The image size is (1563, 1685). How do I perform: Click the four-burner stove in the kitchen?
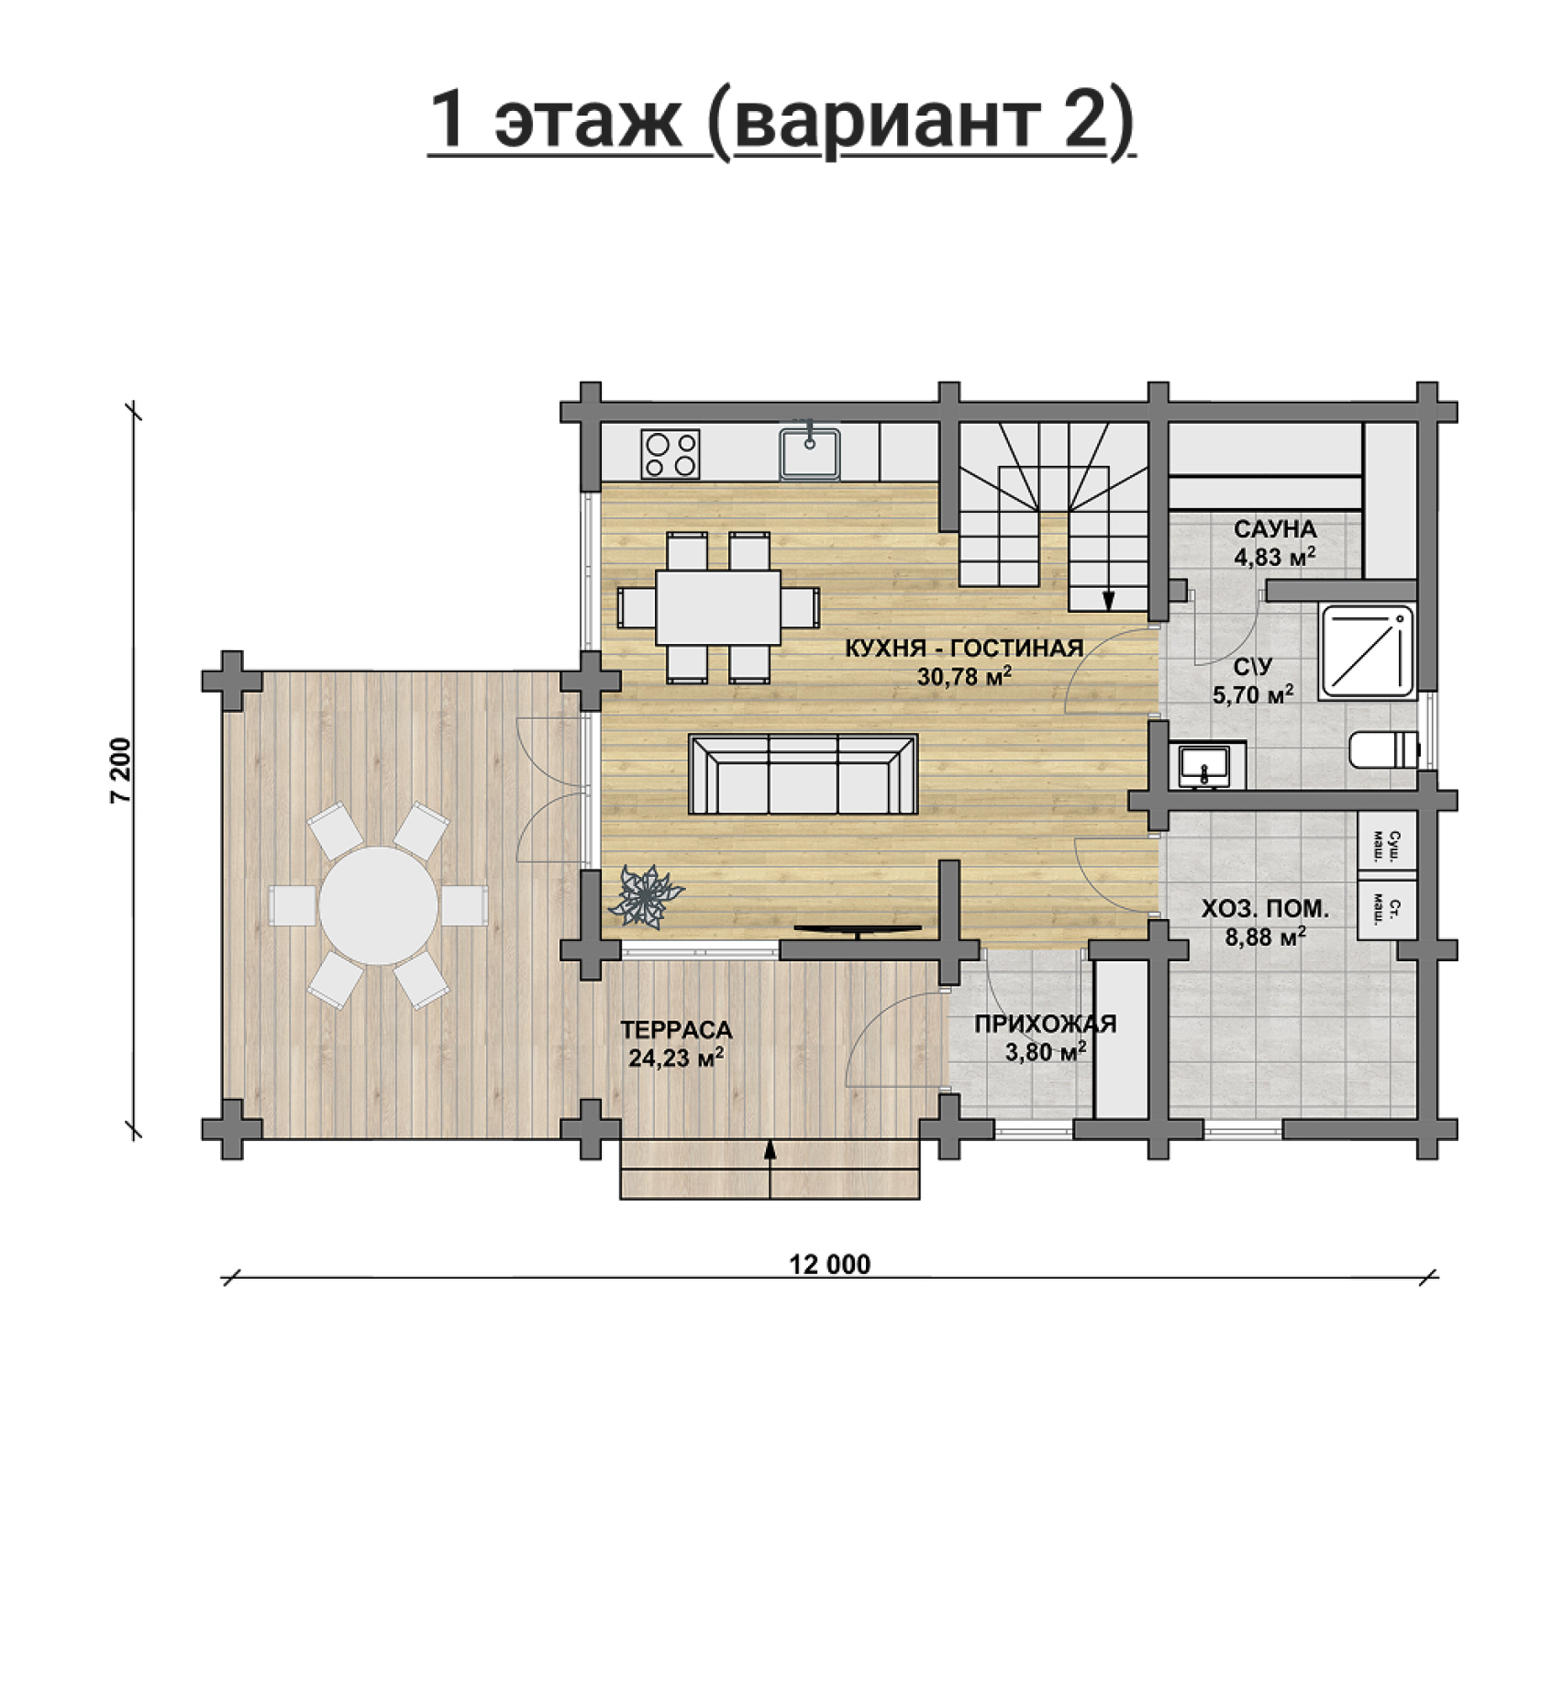(671, 454)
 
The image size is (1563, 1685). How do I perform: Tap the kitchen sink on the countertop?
(810, 453)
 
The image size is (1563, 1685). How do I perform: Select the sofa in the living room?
(803, 774)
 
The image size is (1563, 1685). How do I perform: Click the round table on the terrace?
(378, 905)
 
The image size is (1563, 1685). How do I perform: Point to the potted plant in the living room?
(647, 893)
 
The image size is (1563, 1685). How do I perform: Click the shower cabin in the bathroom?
(1367, 650)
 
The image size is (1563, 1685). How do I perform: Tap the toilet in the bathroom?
(1384, 748)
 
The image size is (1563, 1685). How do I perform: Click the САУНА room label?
(1275, 529)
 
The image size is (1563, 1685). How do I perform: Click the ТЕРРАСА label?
(676, 1030)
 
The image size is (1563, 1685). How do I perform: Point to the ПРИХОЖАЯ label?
(1045, 1024)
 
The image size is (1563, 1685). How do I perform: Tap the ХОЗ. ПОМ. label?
(1265, 909)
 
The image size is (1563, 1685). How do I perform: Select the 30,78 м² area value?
(964, 676)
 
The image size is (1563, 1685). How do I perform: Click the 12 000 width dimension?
(830, 1265)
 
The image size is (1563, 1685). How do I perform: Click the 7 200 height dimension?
(121, 770)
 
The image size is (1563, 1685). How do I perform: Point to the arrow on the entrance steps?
(770, 1168)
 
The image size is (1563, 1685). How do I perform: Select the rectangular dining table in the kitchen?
(718, 607)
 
